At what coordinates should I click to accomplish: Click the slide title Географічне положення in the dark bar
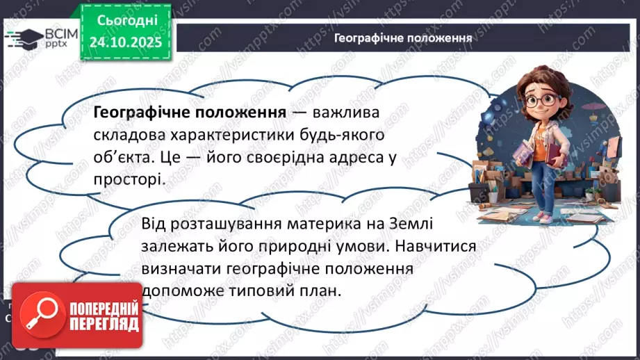pyautogui.click(x=403, y=38)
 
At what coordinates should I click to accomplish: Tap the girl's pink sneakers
pyautogui.click(x=548, y=217)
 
